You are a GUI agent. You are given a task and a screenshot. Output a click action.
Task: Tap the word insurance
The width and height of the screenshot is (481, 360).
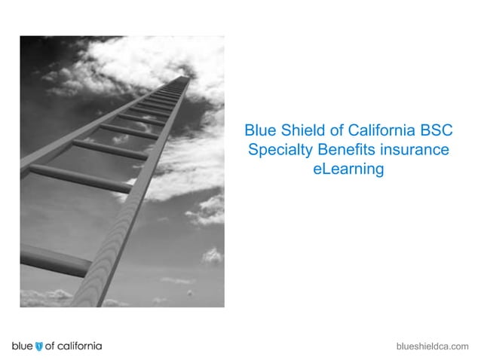point(414,150)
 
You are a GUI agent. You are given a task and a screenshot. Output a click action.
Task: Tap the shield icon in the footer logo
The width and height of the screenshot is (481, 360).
point(39,346)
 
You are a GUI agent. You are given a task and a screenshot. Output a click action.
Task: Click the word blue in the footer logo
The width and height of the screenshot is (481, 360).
point(22,346)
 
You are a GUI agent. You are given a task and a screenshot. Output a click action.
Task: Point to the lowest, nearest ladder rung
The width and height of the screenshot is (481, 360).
point(53,261)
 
